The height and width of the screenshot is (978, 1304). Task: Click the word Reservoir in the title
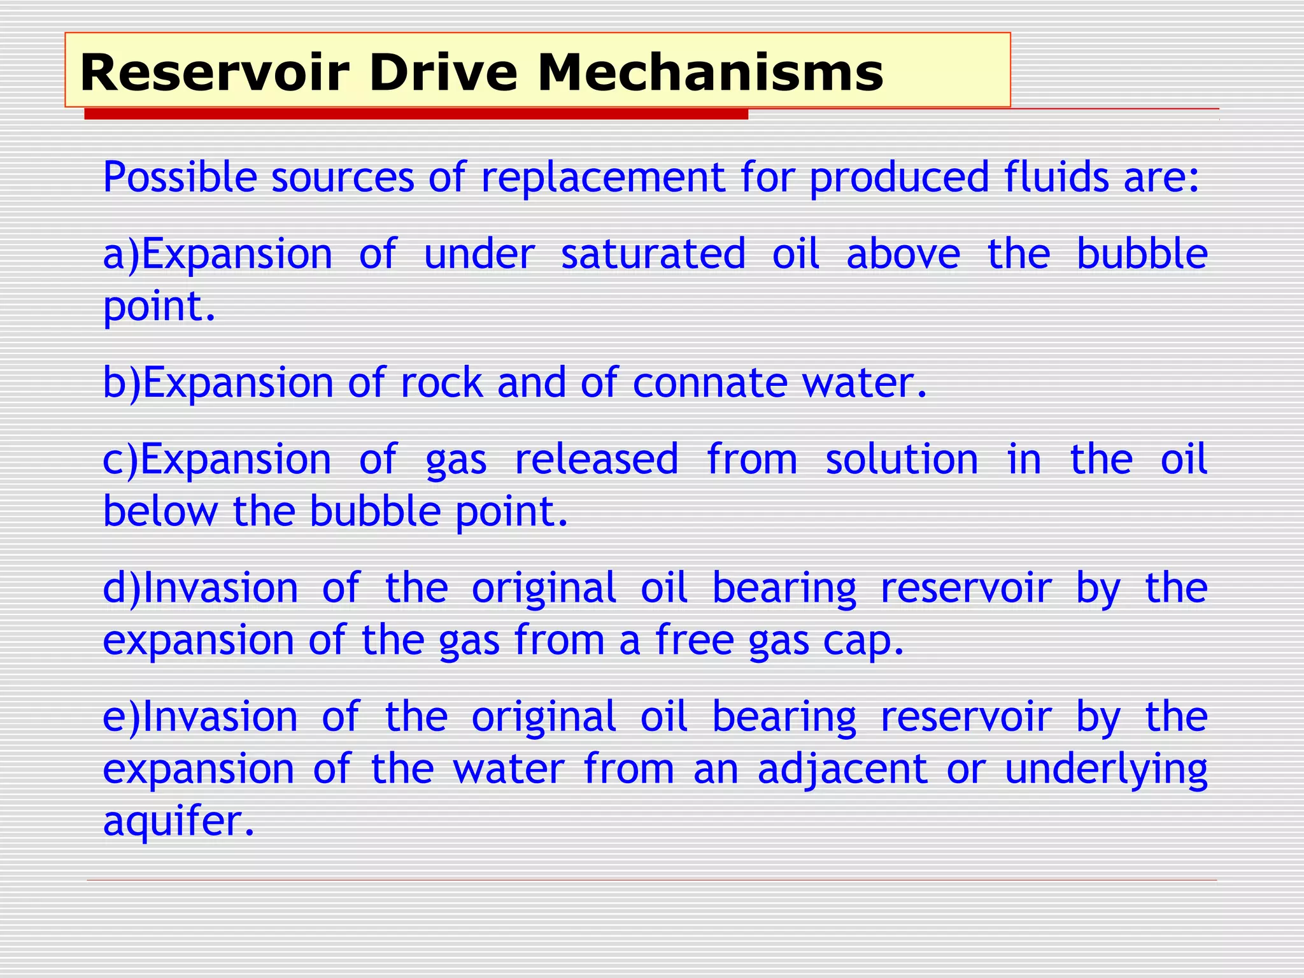pyautogui.click(x=215, y=73)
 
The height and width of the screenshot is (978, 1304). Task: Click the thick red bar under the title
pyautogui.click(x=416, y=115)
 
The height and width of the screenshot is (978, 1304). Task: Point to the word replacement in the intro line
pyautogui.click(x=602, y=177)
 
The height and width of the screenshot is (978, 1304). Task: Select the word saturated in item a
pyautogui.click(x=653, y=255)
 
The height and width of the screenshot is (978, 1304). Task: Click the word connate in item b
pyautogui.click(x=709, y=383)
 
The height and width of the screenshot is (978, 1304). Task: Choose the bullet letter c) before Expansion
pyautogui.click(x=120, y=460)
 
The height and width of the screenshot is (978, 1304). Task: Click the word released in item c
pyautogui.click(x=596, y=460)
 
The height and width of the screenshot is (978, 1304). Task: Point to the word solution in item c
pyautogui.click(x=901, y=460)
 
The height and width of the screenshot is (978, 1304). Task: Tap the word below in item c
pyautogui.click(x=160, y=511)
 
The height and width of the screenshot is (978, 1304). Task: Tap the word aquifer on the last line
pyautogui.click(x=178, y=822)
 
